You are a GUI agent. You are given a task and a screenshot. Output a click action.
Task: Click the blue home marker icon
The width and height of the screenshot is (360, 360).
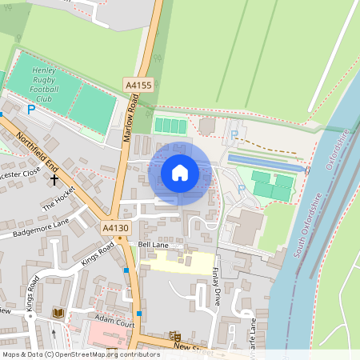[x=180, y=172]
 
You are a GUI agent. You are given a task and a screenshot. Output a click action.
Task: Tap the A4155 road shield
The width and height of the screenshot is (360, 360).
[x=138, y=84]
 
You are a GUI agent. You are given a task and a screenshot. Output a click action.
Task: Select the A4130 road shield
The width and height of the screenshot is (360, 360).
[x=116, y=229]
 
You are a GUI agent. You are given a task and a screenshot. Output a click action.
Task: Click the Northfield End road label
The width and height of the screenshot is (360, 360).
[x=36, y=149]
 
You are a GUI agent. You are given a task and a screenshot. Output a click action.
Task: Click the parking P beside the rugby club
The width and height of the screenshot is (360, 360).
[x=31, y=110]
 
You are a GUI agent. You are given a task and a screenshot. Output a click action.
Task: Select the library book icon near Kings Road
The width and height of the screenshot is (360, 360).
[x=58, y=313]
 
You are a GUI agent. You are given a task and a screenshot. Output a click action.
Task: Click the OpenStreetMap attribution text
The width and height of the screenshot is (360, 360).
[x=80, y=354]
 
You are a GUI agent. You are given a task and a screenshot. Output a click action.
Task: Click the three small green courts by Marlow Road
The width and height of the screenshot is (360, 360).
[x=170, y=126]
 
